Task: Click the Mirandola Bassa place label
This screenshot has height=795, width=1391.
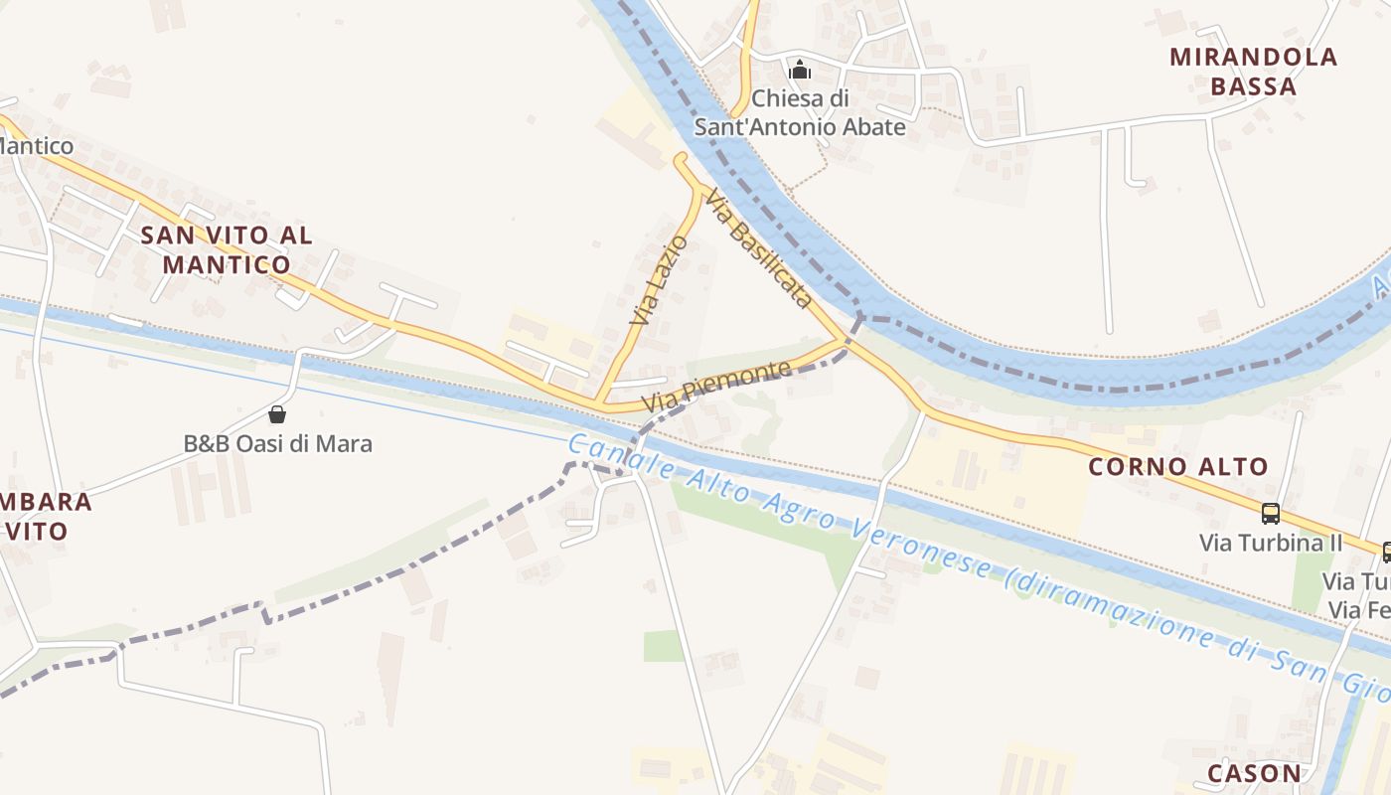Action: pyautogui.click(x=1254, y=72)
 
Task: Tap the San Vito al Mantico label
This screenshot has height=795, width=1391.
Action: pyautogui.click(x=227, y=249)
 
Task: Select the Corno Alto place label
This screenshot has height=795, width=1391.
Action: pyautogui.click(x=1178, y=466)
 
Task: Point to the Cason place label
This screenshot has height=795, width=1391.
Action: pyautogui.click(x=1254, y=773)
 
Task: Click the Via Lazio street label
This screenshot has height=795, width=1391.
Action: pyautogui.click(x=658, y=281)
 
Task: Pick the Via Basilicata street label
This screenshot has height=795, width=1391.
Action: pyautogui.click(x=760, y=248)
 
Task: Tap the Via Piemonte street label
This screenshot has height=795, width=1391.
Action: pyautogui.click(x=716, y=387)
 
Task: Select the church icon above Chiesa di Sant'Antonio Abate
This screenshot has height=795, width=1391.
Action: pyautogui.click(x=800, y=71)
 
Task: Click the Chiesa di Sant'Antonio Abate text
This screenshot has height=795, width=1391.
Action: pyautogui.click(x=800, y=113)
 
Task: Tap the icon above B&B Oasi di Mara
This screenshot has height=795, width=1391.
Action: pyautogui.click(x=277, y=413)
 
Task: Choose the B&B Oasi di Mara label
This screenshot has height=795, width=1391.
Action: pyautogui.click(x=278, y=443)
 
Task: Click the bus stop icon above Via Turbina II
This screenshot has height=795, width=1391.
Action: pyautogui.click(x=1270, y=514)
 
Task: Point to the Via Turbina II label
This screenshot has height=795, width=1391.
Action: pyautogui.click(x=1271, y=544)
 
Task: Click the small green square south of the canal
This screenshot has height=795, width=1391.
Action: pyautogui.click(x=663, y=646)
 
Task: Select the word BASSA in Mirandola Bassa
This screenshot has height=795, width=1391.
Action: pyautogui.click(x=1254, y=86)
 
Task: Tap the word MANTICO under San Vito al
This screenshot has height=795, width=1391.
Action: pyautogui.click(x=227, y=264)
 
